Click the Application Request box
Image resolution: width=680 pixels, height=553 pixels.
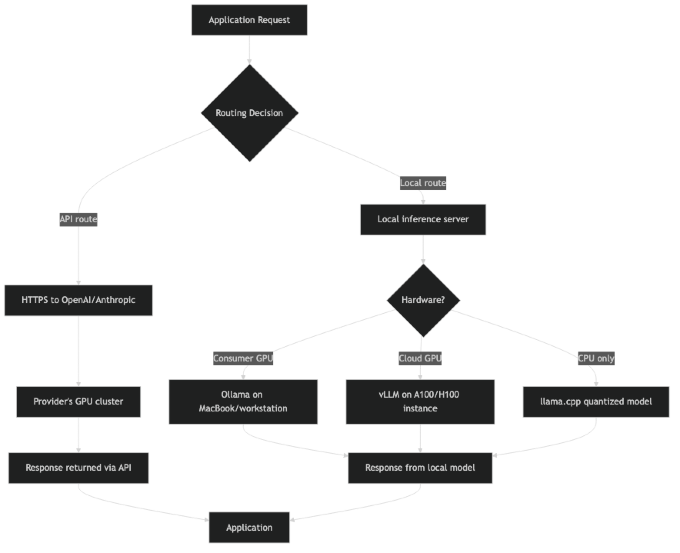coord(249,20)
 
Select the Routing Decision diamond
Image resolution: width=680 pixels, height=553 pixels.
coord(249,113)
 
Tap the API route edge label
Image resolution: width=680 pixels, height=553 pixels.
coord(78,219)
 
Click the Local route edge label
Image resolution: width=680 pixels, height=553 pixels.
coord(423,183)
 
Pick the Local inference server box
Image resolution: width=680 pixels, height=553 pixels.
coord(423,220)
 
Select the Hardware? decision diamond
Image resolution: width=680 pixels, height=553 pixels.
coord(423,300)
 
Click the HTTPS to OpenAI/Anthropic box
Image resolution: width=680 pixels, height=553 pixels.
coord(78,300)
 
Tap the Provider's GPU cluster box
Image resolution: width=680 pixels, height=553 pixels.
coord(78,401)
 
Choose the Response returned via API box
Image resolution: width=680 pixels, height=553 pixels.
coord(78,468)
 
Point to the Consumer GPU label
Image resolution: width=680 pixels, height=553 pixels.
coord(243,358)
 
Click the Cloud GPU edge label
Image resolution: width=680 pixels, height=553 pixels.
coord(420,358)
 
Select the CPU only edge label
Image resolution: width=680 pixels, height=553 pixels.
coord(596,358)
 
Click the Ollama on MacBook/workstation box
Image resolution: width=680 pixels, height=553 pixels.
coord(243,401)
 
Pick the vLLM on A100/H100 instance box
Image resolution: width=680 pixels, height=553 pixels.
coord(420,401)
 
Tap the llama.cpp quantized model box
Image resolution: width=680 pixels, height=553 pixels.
coord(596,401)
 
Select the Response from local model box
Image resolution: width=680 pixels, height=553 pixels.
coord(420,468)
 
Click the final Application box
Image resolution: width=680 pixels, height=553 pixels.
coord(249,528)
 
